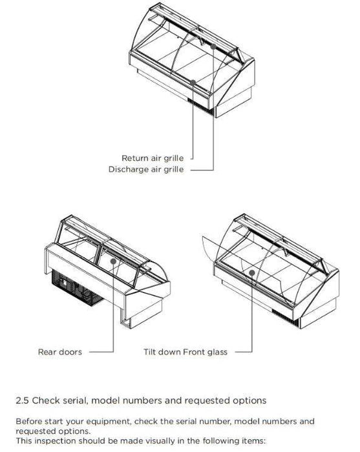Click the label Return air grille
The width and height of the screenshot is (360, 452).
(152, 158)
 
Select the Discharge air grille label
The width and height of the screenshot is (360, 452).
(145, 169)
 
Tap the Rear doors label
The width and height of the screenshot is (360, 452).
(60, 353)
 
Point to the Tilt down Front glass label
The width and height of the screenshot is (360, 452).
(185, 353)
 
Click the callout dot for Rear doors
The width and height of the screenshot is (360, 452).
(114, 262)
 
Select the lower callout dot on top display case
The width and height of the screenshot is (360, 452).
(193, 81)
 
